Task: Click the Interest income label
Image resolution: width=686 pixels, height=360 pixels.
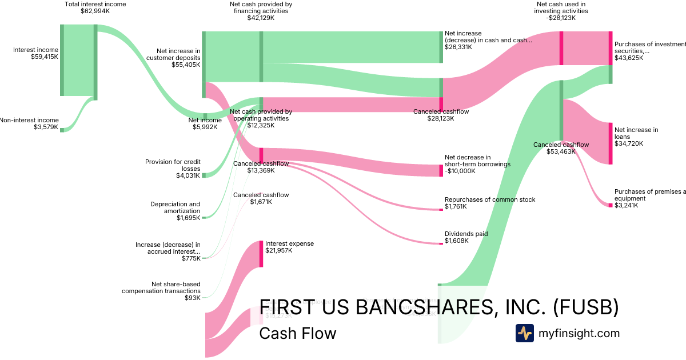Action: (35, 54)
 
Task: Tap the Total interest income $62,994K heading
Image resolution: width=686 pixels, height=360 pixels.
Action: (96, 7)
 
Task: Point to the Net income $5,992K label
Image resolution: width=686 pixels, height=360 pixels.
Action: (205, 123)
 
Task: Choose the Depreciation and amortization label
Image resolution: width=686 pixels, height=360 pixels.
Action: (175, 211)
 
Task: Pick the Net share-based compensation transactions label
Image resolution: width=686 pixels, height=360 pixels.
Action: (161, 291)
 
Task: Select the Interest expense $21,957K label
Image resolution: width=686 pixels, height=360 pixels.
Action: (289, 247)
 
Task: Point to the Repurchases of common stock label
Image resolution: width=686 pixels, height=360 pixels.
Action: (490, 203)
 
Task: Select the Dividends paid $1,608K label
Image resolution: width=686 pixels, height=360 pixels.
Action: (466, 237)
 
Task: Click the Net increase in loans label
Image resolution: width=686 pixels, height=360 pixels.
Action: (636, 137)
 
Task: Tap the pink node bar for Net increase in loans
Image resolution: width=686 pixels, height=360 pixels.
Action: (611, 143)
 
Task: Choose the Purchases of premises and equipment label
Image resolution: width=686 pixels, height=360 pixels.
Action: (649, 198)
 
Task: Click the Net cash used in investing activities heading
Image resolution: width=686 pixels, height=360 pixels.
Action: (561, 11)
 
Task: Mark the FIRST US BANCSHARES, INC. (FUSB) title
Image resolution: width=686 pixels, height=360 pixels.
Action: (438, 307)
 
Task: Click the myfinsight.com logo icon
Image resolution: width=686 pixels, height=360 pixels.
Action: (524, 333)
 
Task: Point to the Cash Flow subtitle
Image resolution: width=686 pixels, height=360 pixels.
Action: (297, 333)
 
